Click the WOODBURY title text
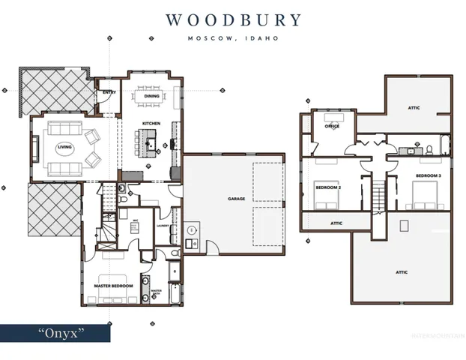[233, 19]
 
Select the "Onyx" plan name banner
[55, 331]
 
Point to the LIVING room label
[64, 147]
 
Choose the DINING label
[151, 96]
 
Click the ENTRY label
[109, 93]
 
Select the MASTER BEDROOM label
[112, 286]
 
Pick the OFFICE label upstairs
[332, 126]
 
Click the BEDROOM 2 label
[328, 187]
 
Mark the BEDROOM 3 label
[429, 176]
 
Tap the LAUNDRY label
[161, 223]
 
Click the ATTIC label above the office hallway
[414, 107]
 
